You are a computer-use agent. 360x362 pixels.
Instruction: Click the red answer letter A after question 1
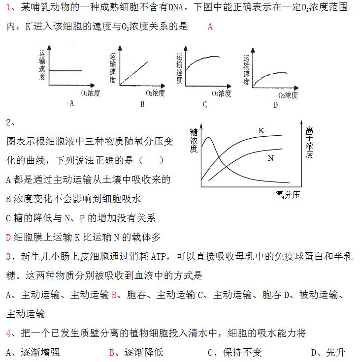[x=210, y=27]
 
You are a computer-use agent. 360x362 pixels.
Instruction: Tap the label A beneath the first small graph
[x=72, y=103]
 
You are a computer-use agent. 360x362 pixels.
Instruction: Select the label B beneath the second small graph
[x=142, y=104]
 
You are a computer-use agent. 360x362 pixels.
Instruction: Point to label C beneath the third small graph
[x=205, y=104]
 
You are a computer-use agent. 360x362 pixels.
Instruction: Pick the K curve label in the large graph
[x=262, y=130]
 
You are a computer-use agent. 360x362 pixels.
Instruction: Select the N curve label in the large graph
[x=270, y=158]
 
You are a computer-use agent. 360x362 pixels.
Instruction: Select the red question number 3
[x=8, y=256]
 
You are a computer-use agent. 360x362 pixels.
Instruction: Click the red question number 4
[x=8, y=333]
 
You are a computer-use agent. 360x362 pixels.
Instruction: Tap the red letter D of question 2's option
[x=8, y=237]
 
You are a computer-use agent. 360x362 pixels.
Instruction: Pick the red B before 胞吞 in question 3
[x=114, y=295]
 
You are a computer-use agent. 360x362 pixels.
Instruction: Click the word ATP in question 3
[x=160, y=256]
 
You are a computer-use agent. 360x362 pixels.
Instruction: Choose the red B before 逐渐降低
[x=112, y=352]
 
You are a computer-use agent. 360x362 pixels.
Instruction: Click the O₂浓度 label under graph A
[x=90, y=91]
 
